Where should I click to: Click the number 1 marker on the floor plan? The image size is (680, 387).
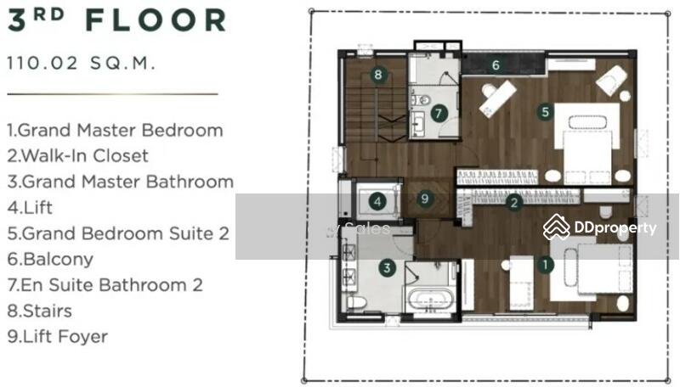point(545,265)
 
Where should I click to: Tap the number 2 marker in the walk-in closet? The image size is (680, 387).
point(514,202)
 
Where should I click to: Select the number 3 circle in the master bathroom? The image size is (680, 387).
point(387,267)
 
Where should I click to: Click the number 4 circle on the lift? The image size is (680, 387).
point(377,201)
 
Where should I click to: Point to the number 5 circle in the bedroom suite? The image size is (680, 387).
point(545,112)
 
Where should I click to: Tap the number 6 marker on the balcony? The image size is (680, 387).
point(496,65)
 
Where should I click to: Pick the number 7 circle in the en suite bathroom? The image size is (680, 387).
point(439,114)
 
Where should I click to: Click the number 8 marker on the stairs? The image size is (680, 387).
point(378,75)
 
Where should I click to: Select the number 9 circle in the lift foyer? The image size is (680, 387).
point(425,199)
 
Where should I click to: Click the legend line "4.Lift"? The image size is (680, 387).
point(30,208)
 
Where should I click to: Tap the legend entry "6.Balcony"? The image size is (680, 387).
point(50,260)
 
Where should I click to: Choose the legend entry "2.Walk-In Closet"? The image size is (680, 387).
point(77,156)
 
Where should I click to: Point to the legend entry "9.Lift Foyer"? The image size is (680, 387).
point(57,336)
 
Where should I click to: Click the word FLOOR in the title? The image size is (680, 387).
point(156,20)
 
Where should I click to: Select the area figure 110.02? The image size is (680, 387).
point(42,63)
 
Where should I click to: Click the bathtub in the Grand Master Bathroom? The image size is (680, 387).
point(430,300)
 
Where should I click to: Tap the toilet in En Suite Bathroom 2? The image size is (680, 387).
point(420,100)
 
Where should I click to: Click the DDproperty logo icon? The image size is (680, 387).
point(557,227)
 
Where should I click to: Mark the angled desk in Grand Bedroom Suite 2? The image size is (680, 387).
point(498,98)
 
